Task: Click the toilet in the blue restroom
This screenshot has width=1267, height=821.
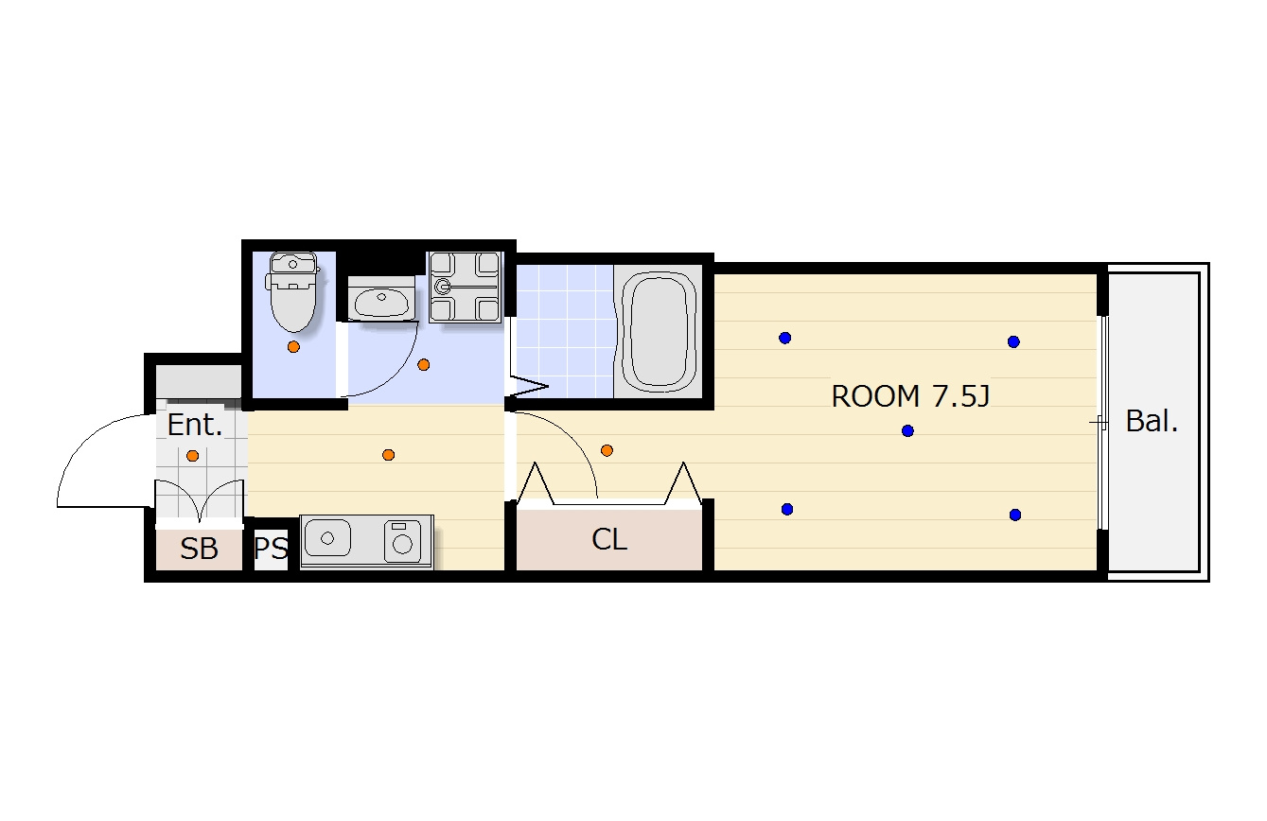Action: [292, 291]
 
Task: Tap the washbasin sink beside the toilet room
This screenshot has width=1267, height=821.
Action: [380, 300]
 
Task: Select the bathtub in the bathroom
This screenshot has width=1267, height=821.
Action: [658, 332]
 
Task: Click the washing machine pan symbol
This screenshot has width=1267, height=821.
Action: [465, 288]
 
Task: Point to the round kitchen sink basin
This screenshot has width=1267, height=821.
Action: [327, 538]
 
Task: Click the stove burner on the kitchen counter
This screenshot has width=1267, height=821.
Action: [403, 543]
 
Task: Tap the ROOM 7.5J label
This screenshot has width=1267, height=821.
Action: [910, 395]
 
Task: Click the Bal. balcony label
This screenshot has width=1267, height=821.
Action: [1152, 421]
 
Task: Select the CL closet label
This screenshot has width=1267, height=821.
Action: [609, 539]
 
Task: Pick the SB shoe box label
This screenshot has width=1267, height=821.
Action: [199, 549]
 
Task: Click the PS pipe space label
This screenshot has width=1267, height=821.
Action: [271, 548]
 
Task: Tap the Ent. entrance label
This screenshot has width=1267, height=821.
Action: [195, 426]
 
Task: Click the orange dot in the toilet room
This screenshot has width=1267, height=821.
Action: [293, 347]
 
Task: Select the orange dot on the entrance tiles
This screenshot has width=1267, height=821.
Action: [192, 456]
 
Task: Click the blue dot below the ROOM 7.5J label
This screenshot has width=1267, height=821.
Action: [907, 431]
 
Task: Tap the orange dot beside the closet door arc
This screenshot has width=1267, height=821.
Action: [607, 450]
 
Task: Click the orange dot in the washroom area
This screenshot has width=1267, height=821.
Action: [424, 365]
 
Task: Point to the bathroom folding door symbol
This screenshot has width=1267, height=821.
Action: [528, 387]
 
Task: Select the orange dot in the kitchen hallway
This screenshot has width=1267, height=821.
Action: [388, 455]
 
